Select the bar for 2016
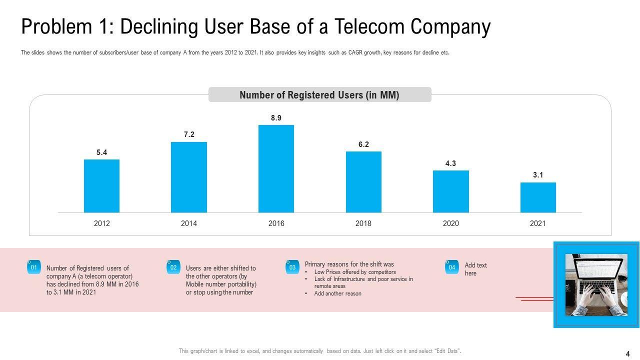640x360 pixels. pyautogui.click(x=276, y=168)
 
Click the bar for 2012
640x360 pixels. pyautogui.click(x=101, y=186)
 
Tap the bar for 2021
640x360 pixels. pyautogui.click(x=538, y=197)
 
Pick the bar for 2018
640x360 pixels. pyautogui.click(x=363, y=182)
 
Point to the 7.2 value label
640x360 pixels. pyautogui.click(x=189, y=134)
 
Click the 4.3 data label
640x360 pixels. pyautogui.click(x=450, y=163)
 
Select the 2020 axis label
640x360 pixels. pyautogui.click(x=450, y=223)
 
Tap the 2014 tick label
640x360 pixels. pyautogui.click(x=189, y=223)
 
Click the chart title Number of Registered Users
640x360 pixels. pyautogui.click(x=319, y=95)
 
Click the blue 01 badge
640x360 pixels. pyautogui.click(x=33, y=267)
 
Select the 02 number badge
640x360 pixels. pyautogui.click(x=173, y=267)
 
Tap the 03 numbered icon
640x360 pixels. pyautogui.click(x=292, y=267)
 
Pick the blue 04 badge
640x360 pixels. pyautogui.click(x=451, y=267)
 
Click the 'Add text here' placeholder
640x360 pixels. pyautogui.click(x=475, y=269)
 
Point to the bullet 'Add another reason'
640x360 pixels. pyautogui.click(x=337, y=293)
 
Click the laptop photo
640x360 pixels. pyautogui.click(x=596, y=284)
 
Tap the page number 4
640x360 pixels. pyautogui.click(x=627, y=353)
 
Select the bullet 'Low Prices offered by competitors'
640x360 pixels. pyautogui.click(x=355, y=272)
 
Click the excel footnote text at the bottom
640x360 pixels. pyautogui.click(x=320, y=351)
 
